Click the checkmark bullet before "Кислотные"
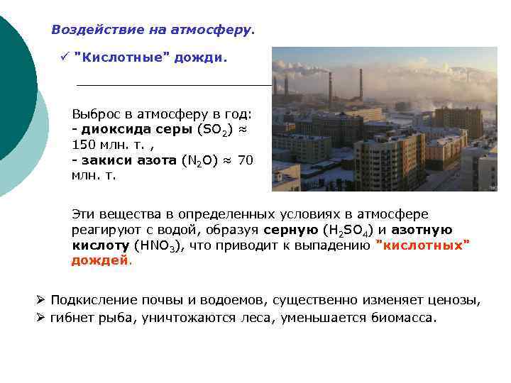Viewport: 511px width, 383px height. click(65, 56)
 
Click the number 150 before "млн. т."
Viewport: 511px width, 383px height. click(85, 145)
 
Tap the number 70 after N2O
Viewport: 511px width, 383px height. click(245, 160)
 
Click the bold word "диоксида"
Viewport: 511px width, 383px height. click(112, 129)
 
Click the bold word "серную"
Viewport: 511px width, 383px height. click(290, 230)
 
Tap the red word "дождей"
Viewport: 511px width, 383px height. click(100, 260)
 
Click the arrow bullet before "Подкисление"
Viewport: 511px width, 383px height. click(41, 300)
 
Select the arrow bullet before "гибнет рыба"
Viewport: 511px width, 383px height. click(41, 317)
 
